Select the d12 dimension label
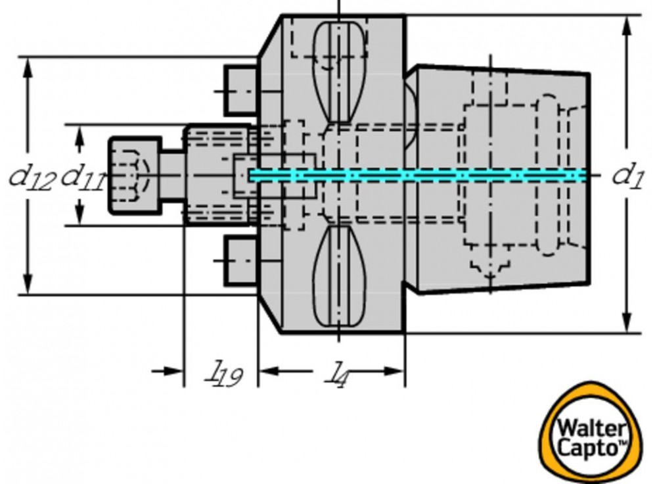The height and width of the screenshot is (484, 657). (x=31, y=177)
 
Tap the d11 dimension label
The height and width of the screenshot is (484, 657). (x=82, y=177)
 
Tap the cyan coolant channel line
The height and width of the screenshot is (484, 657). (x=420, y=175)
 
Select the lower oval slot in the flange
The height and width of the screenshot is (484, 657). (x=338, y=276)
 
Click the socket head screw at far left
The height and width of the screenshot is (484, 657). (x=135, y=175)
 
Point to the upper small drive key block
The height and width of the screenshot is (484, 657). (x=240, y=89)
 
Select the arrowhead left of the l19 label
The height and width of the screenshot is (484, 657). (x=174, y=371)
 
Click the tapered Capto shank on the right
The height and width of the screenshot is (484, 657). (x=499, y=178)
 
